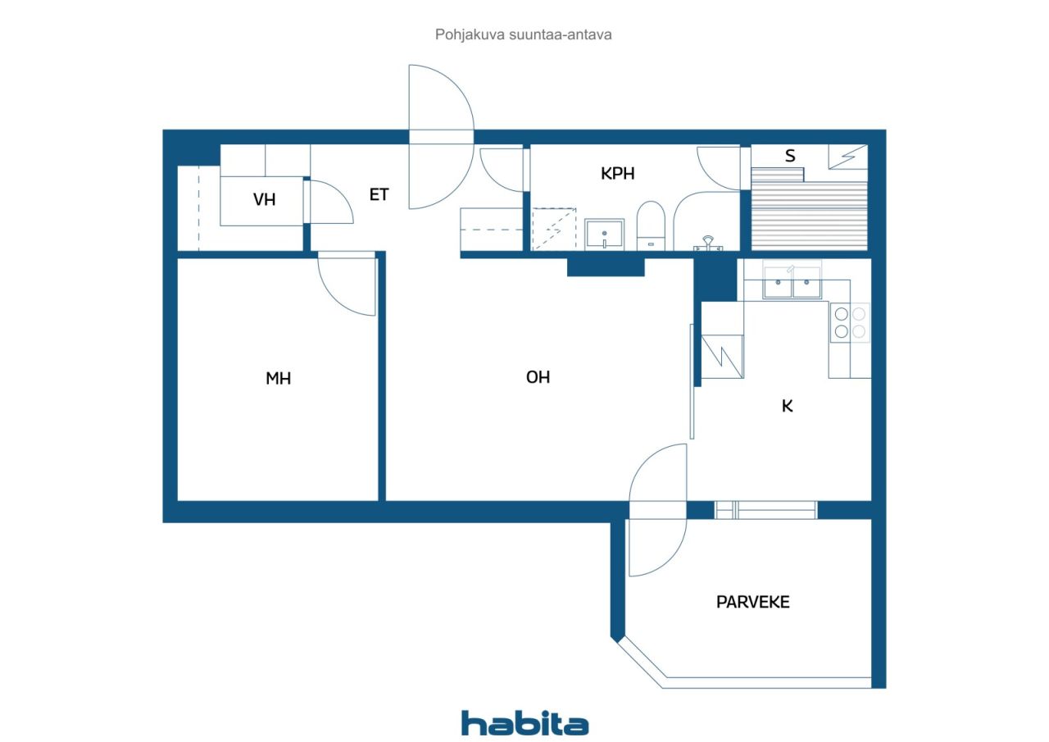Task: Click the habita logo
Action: tap(524, 724)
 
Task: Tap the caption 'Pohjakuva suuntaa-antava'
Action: tap(523, 34)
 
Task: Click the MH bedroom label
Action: tap(278, 378)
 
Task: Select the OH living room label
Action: tap(538, 377)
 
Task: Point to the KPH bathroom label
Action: tap(618, 174)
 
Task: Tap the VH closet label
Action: tap(264, 199)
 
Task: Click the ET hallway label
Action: tap(379, 194)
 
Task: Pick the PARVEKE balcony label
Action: tap(752, 602)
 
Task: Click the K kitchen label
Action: tap(788, 406)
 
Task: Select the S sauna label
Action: tap(790, 156)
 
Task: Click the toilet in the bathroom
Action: tap(651, 225)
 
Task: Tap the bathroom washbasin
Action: tap(605, 234)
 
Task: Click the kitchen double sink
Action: tap(792, 282)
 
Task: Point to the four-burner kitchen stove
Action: tap(850, 322)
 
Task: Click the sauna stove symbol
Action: tap(848, 157)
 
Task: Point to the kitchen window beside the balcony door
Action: tap(765, 510)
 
